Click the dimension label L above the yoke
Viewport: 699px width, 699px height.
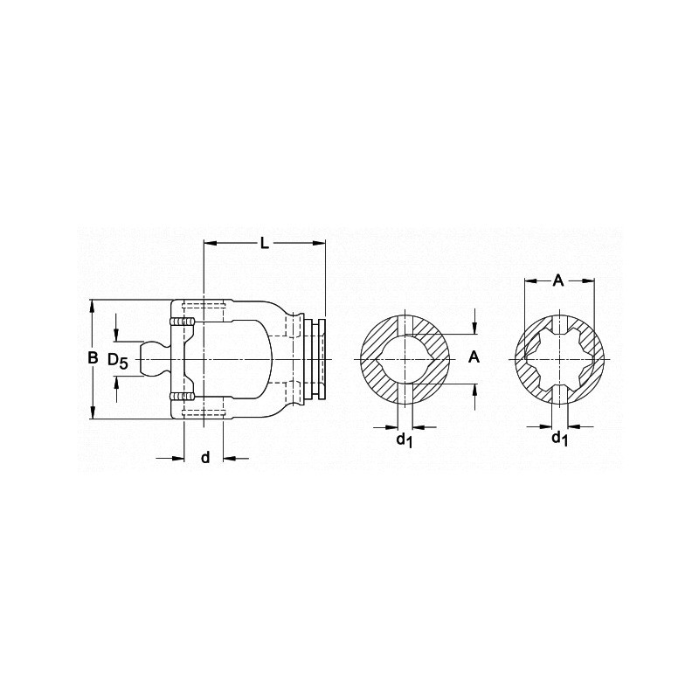[265, 243]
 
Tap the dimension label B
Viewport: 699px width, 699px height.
[93, 358]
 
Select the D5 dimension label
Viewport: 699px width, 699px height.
[117, 360]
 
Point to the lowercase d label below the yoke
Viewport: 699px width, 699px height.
[205, 457]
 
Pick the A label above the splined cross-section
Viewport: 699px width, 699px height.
[558, 280]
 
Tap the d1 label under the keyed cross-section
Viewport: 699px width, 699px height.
[404, 439]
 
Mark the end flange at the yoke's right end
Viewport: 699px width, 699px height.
[321, 359]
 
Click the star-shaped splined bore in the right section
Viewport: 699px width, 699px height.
[558, 359]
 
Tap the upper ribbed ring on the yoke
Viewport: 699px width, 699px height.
[182, 323]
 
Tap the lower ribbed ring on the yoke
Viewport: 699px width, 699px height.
[182, 398]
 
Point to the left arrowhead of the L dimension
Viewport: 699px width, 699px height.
[209, 242]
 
